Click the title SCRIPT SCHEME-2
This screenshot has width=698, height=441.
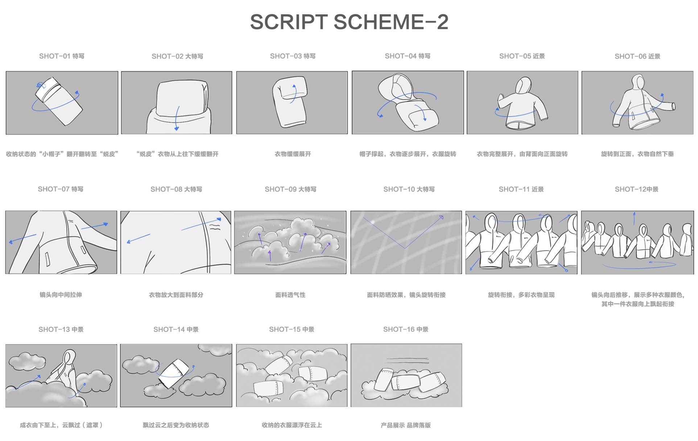[x=349, y=22]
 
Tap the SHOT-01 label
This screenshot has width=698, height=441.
[x=62, y=56]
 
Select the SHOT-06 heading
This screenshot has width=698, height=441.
[x=637, y=56]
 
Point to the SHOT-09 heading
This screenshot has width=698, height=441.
[x=290, y=189]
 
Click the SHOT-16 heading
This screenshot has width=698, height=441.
[x=406, y=329]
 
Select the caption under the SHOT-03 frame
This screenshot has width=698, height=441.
[x=293, y=154]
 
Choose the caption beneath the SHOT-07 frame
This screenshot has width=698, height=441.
[x=61, y=295]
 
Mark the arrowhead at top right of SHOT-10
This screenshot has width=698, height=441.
[x=441, y=217]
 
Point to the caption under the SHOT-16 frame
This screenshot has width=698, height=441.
[x=406, y=425]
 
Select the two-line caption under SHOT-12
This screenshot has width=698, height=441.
[x=637, y=300]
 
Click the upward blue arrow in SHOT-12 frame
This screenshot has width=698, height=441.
[x=634, y=218]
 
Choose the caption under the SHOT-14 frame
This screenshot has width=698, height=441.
[x=176, y=425]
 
